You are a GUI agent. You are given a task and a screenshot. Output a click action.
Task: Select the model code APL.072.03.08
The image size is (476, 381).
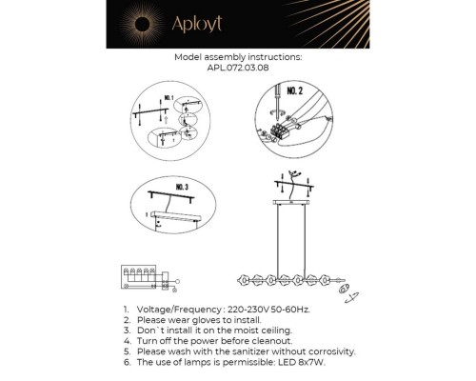click(x=237, y=68)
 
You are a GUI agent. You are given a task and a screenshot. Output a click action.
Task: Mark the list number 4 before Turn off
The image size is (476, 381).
click(x=127, y=340)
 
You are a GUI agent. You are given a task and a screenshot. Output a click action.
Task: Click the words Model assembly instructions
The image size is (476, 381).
click(x=238, y=57)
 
